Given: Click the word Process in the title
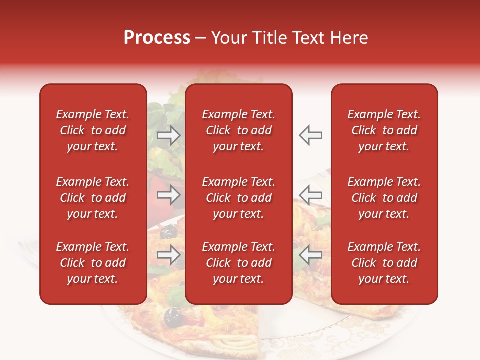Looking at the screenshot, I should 157,38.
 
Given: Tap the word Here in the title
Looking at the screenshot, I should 348,38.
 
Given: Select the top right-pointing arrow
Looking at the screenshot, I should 168,135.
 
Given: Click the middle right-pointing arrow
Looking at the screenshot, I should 168,195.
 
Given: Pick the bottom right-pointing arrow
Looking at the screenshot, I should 168,255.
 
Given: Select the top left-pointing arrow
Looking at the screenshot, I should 311,135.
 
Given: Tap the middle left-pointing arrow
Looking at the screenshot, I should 311,195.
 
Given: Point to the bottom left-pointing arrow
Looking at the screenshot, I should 311,255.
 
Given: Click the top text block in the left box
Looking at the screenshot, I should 93,130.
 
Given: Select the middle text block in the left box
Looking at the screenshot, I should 93,198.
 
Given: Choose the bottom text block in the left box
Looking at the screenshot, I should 93,263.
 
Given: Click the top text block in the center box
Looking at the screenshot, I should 239,130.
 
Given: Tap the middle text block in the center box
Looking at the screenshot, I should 239,198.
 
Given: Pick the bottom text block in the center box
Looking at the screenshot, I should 239,263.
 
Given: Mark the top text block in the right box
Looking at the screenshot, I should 384,130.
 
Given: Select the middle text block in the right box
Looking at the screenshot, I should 384,198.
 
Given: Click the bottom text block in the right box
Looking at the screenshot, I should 384,263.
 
